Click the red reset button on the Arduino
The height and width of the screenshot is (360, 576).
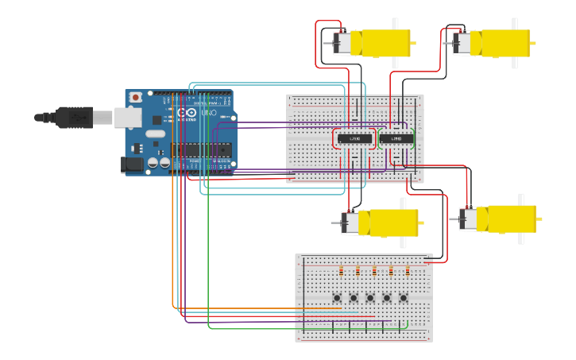pos(136,97)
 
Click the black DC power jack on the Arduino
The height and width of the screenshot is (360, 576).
pos(131,165)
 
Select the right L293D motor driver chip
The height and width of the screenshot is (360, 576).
pos(396,138)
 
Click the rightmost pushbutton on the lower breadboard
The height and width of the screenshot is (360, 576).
pos(404,298)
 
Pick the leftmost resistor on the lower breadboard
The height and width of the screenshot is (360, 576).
pos(342,271)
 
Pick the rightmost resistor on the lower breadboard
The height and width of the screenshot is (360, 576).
pos(408,271)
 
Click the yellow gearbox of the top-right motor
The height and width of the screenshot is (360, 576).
pos(501,43)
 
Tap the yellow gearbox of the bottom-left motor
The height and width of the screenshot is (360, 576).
pos(388,223)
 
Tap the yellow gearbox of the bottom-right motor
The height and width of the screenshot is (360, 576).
pos(510,219)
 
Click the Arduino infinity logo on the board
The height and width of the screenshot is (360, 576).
pos(187,114)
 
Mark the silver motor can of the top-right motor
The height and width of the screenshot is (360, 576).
pos(462,43)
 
